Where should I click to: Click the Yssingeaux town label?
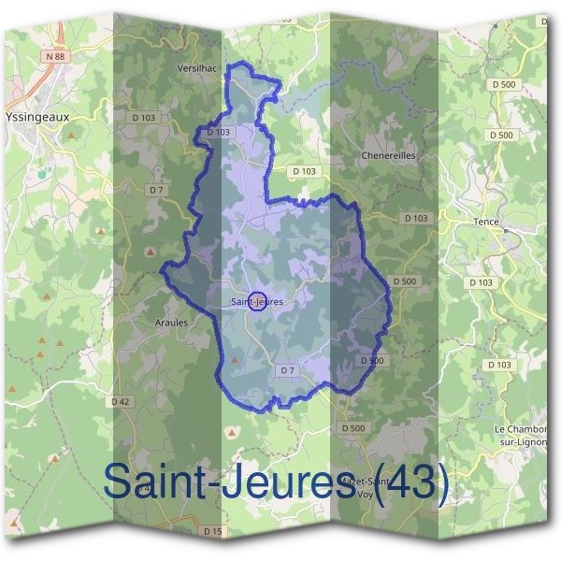pyautogui.click(x=37, y=119)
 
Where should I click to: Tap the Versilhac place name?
pyautogui.click(x=197, y=68)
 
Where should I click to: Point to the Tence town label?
pyautogui.click(x=487, y=222)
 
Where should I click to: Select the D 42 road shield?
pyautogui.click(x=120, y=401)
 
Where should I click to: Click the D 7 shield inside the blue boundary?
pyautogui.click(x=288, y=370)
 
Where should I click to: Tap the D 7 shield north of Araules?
pyautogui.click(x=155, y=190)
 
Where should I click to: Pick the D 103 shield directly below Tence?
pyautogui.click(x=481, y=281)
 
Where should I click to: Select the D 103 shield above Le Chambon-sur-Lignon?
pyautogui.click(x=500, y=364)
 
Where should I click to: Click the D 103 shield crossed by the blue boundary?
pyautogui.click(x=217, y=133)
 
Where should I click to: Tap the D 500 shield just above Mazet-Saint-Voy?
pyautogui.click(x=353, y=427)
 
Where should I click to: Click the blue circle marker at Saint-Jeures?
pyautogui.click(x=260, y=301)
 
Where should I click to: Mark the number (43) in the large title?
pyautogui.click(x=413, y=482)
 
